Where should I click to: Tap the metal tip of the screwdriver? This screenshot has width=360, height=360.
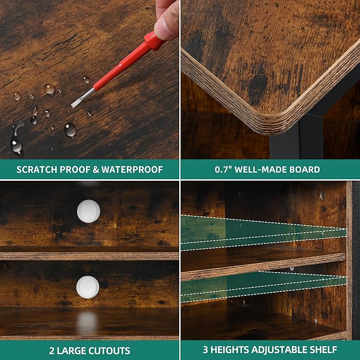[x=82, y=98]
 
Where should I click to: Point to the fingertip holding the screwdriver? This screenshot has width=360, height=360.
[x=166, y=22]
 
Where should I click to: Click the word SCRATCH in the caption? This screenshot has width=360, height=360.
[x=37, y=170]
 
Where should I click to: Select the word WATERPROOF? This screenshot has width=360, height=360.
[x=132, y=170]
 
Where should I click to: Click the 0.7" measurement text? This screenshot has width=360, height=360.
[x=223, y=170]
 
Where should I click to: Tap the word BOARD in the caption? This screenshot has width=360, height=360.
[x=304, y=170]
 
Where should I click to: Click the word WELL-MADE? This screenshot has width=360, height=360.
[x=260, y=170]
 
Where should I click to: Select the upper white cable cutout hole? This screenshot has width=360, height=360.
[x=89, y=211]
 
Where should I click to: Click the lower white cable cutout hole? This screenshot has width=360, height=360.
[x=87, y=287]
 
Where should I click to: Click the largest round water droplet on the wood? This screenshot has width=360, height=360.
[x=71, y=129]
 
